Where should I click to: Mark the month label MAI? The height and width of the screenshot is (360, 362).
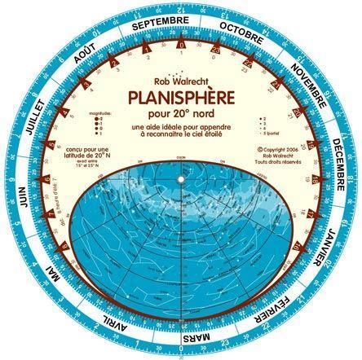pos(56,280)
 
